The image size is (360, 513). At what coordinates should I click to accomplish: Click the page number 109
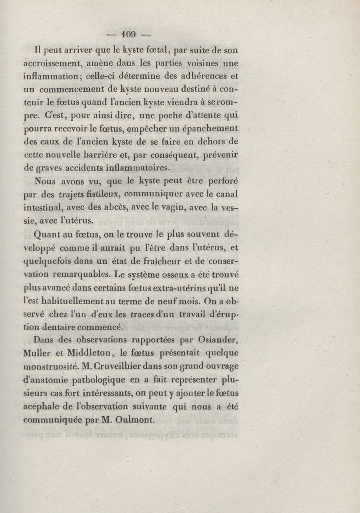click(129, 34)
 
